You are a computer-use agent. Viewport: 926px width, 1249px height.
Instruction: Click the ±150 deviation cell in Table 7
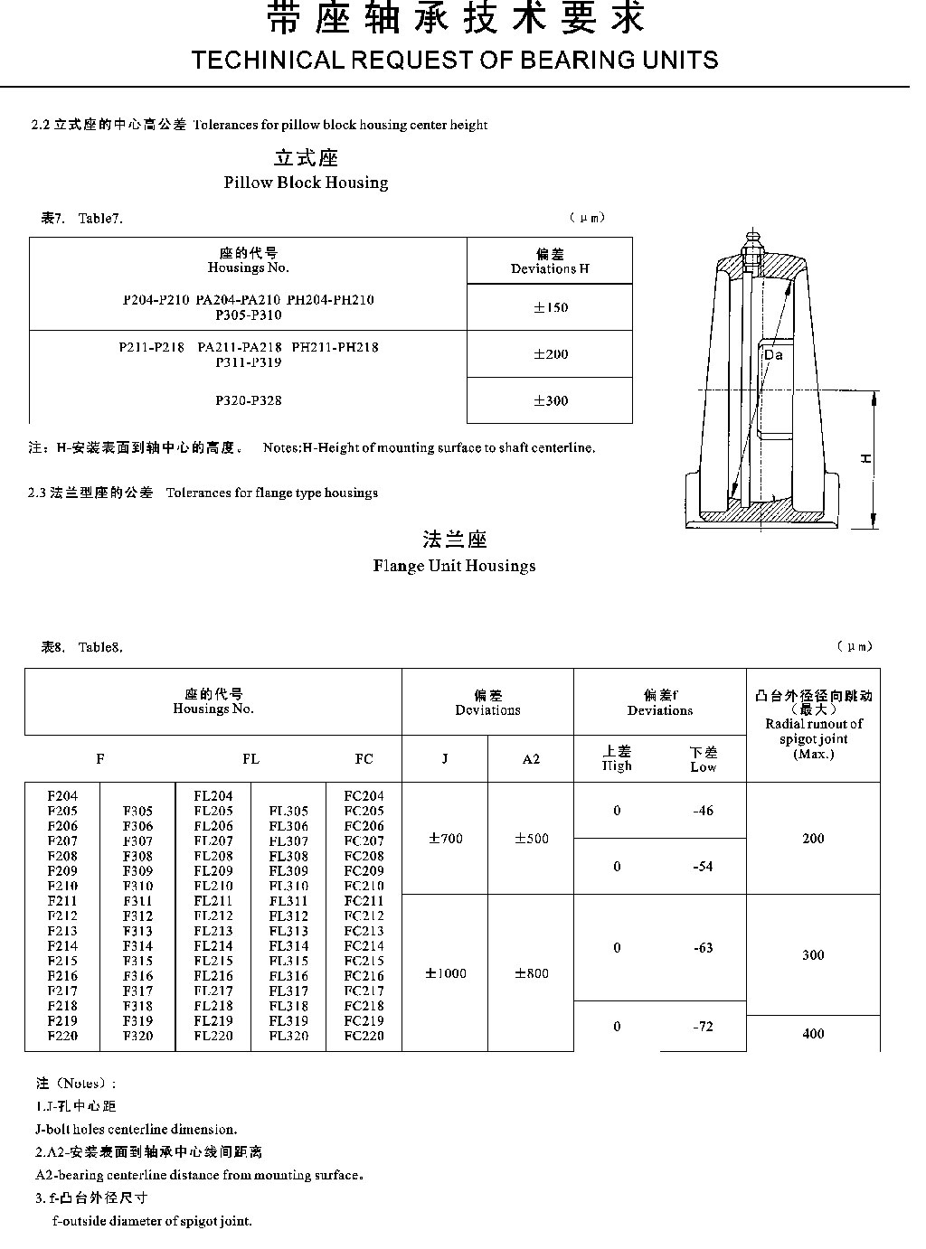click(550, 307)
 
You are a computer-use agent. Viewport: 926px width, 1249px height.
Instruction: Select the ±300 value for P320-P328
click(550, 400)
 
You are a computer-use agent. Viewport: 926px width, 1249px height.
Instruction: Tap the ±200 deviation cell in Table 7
click(550, 354)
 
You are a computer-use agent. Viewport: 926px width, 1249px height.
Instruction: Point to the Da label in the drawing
click(773, 355)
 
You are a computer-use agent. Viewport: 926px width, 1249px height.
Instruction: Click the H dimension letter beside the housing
click(866, 459)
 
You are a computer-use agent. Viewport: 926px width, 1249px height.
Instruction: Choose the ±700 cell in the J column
click(445, 839)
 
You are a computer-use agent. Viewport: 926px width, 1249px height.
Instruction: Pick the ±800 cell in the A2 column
click(531, 973)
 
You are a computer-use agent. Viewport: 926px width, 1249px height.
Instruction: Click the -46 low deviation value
click(703, 811)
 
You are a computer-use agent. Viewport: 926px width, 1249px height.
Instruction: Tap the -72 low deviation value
click(703, 1027)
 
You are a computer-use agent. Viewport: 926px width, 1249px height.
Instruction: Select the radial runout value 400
click(813, 1034)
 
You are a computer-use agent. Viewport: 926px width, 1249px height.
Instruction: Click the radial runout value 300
click(813, 955)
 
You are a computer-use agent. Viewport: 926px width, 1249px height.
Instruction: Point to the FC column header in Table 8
click(364, 759)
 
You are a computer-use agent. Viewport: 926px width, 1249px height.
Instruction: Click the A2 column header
click(531, 759)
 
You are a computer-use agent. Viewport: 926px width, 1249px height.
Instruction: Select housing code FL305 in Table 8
click(288, 812)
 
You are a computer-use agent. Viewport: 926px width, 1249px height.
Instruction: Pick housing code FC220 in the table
click(364, 1036)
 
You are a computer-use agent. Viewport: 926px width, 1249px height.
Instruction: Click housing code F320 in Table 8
click(138, 1036)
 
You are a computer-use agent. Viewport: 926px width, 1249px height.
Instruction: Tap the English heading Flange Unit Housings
click(454, 566)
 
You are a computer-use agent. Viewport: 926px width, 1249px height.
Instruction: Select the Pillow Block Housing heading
click(306, 183)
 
